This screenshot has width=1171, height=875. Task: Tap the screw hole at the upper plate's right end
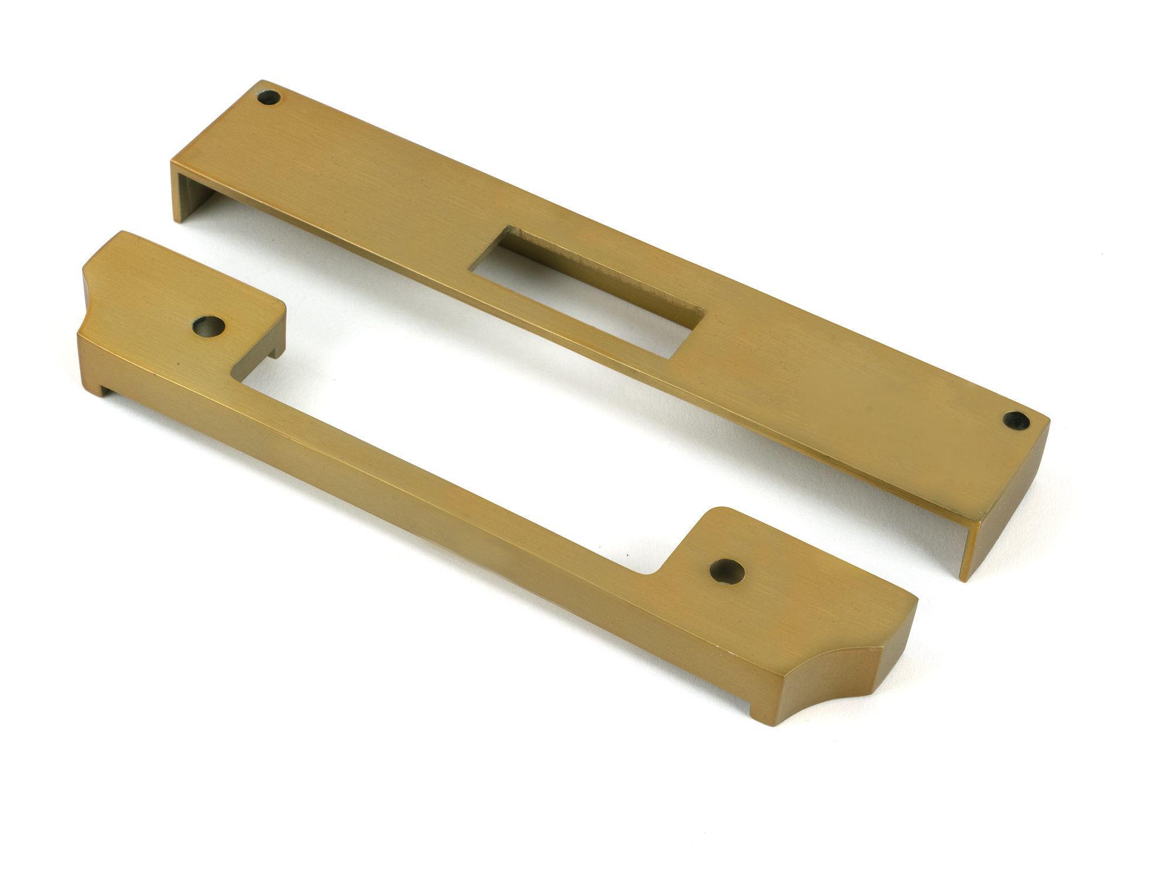pyautogui.click(x=1012, y=418)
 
